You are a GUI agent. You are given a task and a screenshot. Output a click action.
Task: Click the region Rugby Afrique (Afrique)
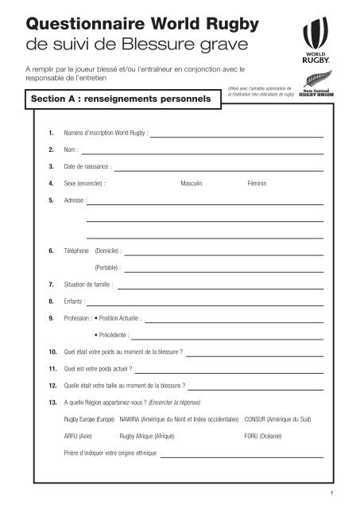[x=147, y=436]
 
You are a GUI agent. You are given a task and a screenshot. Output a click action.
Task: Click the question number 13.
[x=52, y=402]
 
